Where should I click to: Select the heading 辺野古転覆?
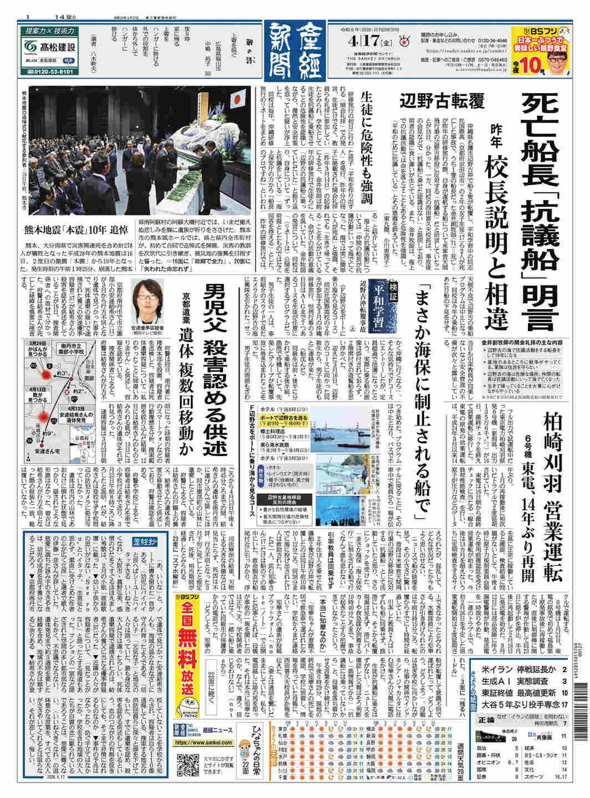tap(450, 101)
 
